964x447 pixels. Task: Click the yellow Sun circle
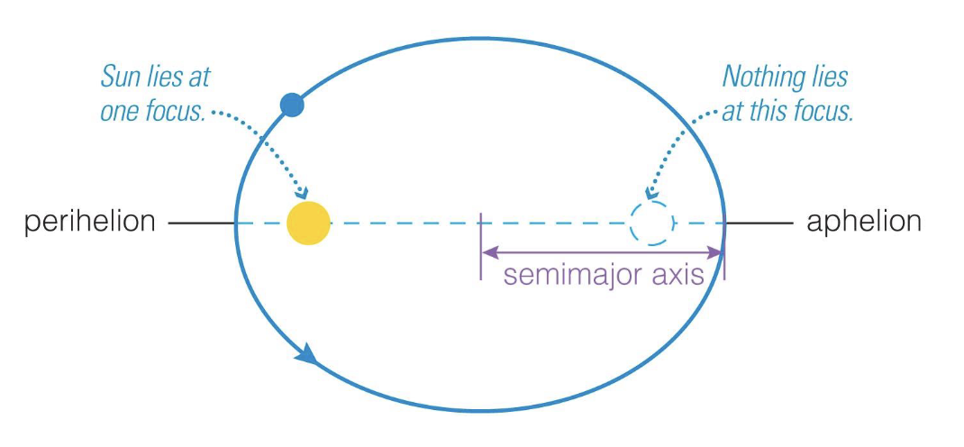[308, 223]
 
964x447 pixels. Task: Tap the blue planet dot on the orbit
[292, 105]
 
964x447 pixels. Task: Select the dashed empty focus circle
[650, 223]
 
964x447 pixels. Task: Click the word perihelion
[89, 222]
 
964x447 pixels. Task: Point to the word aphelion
[863, 222]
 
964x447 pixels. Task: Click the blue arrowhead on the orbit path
[306, 353]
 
